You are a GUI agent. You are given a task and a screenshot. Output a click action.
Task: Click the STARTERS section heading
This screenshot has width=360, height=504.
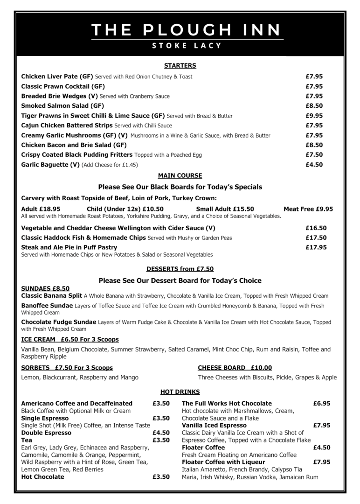(180, 66)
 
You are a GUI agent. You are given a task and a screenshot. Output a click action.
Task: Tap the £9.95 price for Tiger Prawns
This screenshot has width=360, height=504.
(314, 116)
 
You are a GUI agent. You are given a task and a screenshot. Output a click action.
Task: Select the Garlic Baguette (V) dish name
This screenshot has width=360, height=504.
(50, 165)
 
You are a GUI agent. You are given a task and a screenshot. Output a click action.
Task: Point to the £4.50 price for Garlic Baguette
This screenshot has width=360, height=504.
(314, 165)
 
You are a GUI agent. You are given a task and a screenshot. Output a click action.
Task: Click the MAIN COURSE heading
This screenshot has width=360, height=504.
(180, 176)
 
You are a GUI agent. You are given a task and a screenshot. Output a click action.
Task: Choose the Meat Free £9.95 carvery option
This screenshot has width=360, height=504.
(308, 209)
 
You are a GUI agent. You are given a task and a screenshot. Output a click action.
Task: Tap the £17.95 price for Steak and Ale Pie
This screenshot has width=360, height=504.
(316, 247)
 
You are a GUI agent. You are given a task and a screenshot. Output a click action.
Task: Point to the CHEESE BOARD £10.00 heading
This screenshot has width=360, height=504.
(235, 368)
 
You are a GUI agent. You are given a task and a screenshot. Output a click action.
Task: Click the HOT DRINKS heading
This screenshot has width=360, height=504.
(180, 392)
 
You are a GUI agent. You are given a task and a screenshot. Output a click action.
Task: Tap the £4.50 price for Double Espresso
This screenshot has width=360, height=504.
(161, 433)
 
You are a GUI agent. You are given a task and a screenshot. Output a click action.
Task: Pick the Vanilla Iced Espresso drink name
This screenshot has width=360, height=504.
(214, 426)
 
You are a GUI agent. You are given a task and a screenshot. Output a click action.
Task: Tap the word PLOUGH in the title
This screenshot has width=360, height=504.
(193, 30)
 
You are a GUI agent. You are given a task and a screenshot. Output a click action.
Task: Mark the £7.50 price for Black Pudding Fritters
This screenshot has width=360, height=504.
(314, 155)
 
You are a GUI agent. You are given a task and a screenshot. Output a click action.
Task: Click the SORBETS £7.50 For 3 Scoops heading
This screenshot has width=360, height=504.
(67, 368)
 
